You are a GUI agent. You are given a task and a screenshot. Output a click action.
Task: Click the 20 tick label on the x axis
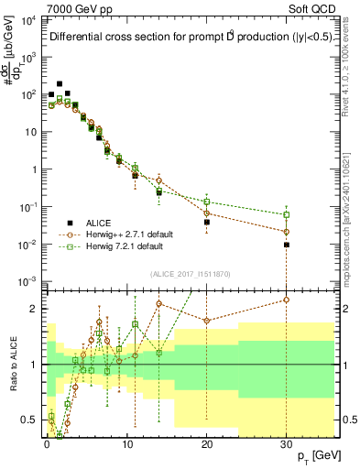click(207, 443)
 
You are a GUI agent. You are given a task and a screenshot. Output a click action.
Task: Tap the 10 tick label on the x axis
click(126, 443)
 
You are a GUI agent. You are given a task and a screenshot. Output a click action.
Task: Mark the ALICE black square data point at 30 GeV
click(287, 245)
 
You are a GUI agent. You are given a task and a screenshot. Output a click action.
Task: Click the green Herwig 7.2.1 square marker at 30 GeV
click(287, 215)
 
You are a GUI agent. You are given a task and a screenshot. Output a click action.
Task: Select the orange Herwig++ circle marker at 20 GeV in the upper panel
click(207, 213)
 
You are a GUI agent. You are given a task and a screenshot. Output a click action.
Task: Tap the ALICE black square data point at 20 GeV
click(207, 222)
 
